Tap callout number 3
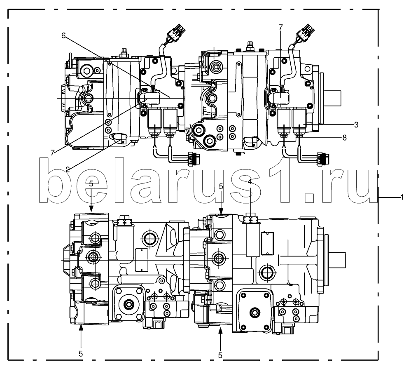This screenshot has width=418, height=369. [356, 125]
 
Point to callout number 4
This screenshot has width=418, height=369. [250, 182]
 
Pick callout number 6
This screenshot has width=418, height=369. [63, 35]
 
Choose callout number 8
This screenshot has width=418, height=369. [344, 138]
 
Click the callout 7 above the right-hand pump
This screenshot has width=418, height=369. [280, 27]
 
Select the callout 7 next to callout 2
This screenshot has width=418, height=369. [52, 153]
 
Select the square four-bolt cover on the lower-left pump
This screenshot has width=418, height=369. [129, 303]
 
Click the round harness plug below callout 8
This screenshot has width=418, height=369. [323, 160]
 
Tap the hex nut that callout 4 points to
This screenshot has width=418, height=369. [250, 218]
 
